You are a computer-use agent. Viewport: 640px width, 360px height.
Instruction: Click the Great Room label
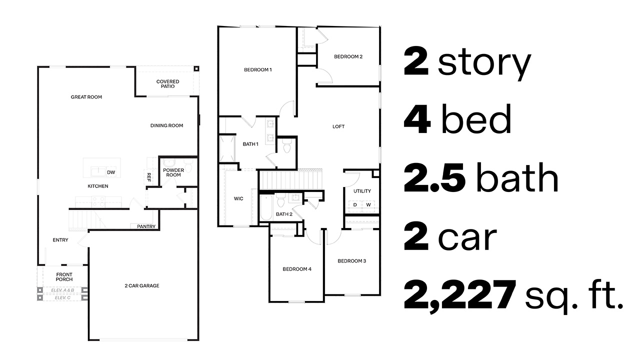pos(86,97)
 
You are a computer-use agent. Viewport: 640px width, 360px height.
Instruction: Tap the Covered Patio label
pos(167,84)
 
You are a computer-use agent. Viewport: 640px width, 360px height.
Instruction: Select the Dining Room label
pos(166,125)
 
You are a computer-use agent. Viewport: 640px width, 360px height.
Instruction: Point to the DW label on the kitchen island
pos(110,173)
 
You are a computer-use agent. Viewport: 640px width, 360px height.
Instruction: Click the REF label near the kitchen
pos(148,176)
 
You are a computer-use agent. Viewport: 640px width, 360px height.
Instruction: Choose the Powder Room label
pos(173,172)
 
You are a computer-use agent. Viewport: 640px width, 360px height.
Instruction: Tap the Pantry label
pos(146,226)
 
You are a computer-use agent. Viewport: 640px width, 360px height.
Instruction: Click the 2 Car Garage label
pos(142,286)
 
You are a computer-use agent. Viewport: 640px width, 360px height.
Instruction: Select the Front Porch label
pos(64,277)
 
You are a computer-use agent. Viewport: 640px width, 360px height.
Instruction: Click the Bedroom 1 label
pos(257,69)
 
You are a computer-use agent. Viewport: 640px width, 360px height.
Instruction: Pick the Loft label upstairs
pos(338,126)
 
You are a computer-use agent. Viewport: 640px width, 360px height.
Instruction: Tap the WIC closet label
pos(238,199)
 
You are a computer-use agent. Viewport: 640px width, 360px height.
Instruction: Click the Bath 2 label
pos(284,214)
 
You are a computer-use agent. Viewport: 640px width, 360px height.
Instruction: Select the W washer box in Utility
pos(368,205)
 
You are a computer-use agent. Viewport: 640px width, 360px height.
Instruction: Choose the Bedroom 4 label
pos(297,269)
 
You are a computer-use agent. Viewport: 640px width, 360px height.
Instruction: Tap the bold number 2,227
pos(459,295)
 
